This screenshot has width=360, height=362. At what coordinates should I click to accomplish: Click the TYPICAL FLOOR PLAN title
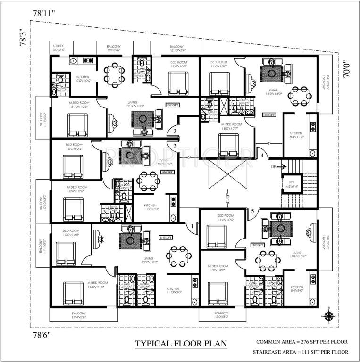(181, 344)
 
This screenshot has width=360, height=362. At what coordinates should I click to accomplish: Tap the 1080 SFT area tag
(269, 115)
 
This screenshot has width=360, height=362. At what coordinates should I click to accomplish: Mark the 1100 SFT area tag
(257, 245)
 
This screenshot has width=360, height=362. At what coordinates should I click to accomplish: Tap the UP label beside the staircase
(274, 167)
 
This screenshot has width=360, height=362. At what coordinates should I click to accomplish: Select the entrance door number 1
(193, 226)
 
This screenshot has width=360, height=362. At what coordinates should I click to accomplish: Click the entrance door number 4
(262, 156)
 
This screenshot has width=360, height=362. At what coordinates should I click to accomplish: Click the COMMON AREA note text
(302, 341)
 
